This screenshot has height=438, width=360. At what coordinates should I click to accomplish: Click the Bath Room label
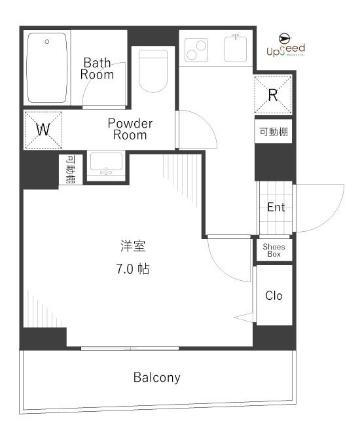tap(97, 69)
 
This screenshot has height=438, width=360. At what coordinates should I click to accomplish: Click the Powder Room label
tap(130, 129)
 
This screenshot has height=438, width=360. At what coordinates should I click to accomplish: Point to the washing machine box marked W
tap(43, 129)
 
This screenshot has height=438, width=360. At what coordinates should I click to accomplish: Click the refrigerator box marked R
tap(274, 94)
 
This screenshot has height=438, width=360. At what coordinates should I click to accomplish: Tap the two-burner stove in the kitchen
tap(196, 48)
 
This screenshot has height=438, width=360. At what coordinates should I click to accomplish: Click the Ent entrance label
tap(276, 208)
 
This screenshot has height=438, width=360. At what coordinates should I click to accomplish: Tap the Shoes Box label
tap(274, 250)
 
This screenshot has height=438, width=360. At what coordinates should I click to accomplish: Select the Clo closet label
tap(274, 296)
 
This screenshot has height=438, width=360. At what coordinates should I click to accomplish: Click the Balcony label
tap(157, 378)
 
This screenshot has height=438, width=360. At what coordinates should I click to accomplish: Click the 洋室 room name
tap(133, 247)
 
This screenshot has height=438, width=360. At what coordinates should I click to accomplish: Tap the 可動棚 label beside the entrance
tap(274, 132)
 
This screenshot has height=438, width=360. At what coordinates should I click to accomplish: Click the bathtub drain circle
tap(47, 42)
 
